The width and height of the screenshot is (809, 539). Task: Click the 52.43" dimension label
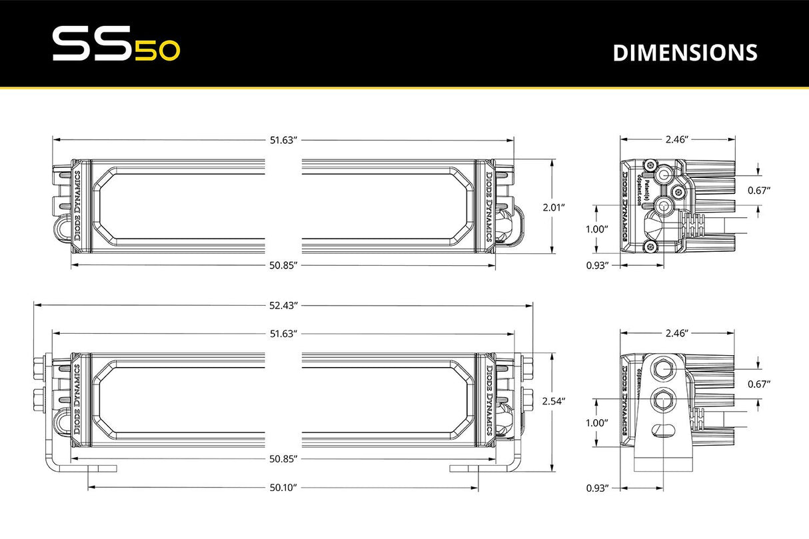(x=283, y=305)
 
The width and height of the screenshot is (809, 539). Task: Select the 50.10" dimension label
(x=283, y=488)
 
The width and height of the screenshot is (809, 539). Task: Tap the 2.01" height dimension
(x=554, y=207)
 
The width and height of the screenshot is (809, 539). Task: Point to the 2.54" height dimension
(x=554, y=401)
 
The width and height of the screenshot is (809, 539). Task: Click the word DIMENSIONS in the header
(x=684, y=53)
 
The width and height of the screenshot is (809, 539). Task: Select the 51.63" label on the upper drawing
(x=283, y=140)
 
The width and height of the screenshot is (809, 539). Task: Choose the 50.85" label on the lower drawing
(x=283, y=459)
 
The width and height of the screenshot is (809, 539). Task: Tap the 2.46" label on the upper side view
(x=676, y=139)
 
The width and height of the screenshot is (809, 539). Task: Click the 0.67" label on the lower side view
(x=759, y=384)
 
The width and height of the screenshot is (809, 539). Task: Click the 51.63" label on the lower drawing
(x=283, y=333)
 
